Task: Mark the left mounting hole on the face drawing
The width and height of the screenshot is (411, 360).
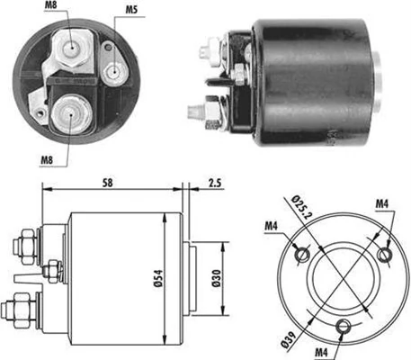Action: click(x=304, y=256)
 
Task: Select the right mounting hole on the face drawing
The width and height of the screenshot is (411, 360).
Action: click(x=384, y=256)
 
